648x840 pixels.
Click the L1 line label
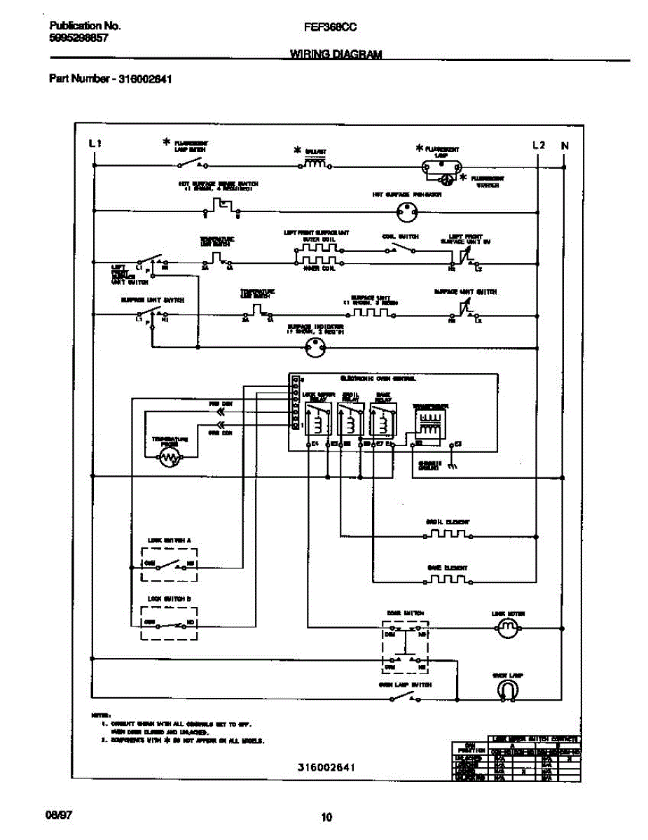[x=95, y=144]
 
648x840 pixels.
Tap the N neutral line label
[x=564, y=146]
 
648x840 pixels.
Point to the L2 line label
[x=538, y=145]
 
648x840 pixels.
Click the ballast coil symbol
[x=315, y=165]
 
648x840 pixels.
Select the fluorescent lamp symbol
[x=441, y=167]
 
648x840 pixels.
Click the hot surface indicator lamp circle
[x=407, y=209]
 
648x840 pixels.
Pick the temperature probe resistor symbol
[x=169, y=458]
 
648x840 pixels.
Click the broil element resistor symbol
[x=448, y=535]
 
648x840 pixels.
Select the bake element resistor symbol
[x=448, y=580]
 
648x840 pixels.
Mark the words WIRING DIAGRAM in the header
[x=336, y=55]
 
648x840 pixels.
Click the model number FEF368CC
[x=329, y=27]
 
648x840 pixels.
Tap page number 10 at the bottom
[x=326, y=816]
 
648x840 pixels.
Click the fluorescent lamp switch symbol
[x=191, y=165]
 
